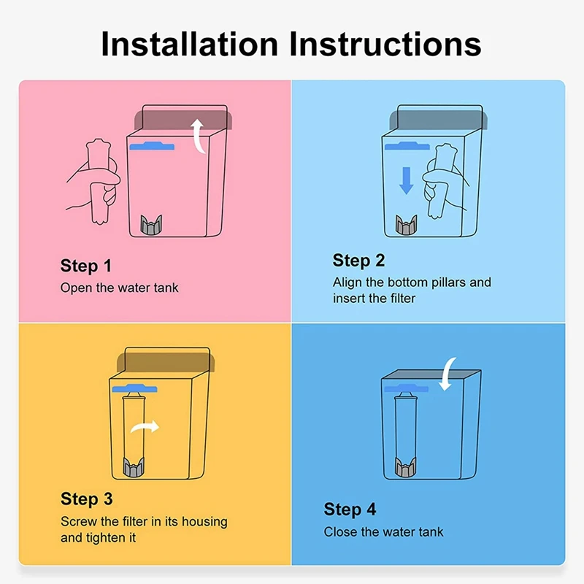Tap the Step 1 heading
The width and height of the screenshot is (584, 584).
tap(86, 265)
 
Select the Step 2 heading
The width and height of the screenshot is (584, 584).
tap(358, 261)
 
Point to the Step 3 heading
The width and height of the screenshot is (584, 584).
tap(86, 499)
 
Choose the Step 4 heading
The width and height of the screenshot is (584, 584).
tap(350, 509)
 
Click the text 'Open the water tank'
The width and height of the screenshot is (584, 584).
tap(119, 288)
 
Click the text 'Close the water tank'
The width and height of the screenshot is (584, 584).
tap(383, 531)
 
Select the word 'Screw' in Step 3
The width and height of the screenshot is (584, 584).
tap(78, 522)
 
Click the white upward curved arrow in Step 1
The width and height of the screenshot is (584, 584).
tap(197, 137)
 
